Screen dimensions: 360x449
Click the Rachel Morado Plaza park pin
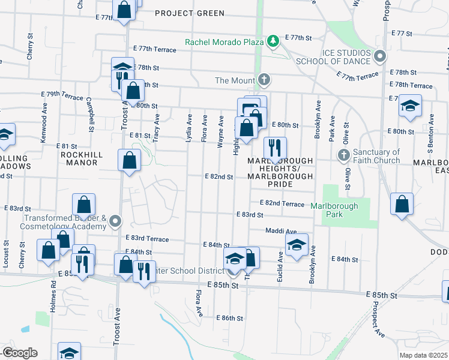pos(274,41)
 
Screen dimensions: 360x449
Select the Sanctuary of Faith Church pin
pos(343,156)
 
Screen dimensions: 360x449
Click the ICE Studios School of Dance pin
pos(379,57)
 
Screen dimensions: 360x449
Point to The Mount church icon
pos(263,80)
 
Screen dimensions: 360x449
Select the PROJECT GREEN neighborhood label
pos(189,13)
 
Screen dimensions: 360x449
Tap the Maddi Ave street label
pos(282,231)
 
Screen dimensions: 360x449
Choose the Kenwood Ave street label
pos(43,130)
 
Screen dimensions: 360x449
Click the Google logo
pos(19,352)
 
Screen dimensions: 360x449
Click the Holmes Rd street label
pos(53,295)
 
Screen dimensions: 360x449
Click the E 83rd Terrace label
pos(147,239)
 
